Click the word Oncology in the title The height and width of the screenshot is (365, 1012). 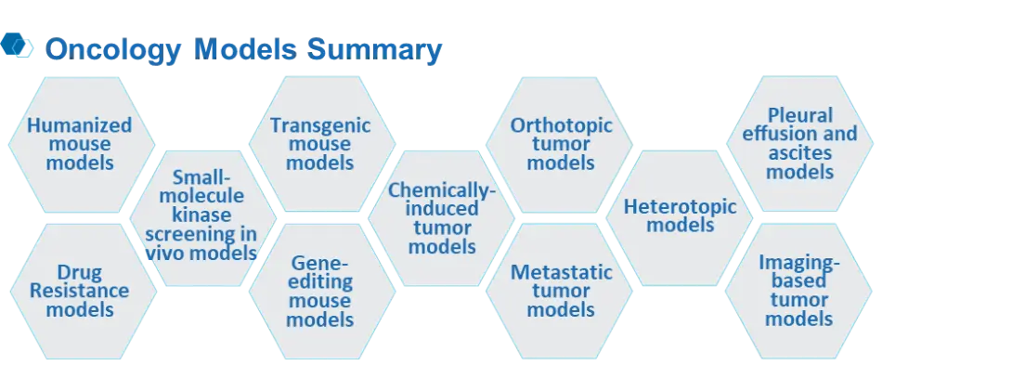click(113, 50)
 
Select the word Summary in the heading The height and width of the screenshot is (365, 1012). click(374, 49)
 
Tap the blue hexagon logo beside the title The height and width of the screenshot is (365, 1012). click(17, 46)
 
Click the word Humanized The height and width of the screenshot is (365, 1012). click(80, 124)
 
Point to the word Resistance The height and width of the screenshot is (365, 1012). click(80, 290)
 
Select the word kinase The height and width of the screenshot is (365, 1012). click(202, 215)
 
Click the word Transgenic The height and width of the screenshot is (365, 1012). click(320, 124)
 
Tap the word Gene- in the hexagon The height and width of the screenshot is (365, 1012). click(320, 263)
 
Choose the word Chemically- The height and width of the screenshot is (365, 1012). click(441, 189)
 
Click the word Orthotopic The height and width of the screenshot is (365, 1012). click(561, 124)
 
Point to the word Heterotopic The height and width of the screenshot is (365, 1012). click(681, 207)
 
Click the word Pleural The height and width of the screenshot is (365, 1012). click(800, 116)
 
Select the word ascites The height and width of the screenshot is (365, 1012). click(799, 154)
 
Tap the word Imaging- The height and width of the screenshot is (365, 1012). click(799, 262)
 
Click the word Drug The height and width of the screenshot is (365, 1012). click(80, 272)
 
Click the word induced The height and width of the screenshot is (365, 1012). click(441, 209)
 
